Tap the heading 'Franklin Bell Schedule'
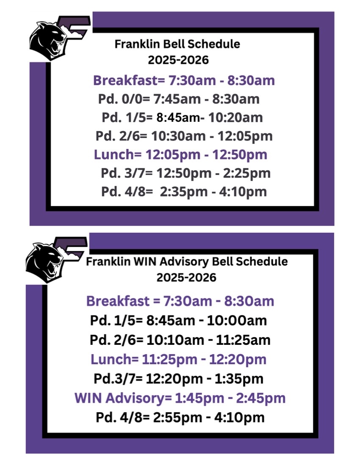pos(177,44)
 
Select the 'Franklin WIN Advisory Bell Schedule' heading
pos(187,261)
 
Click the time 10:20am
pos(235,118)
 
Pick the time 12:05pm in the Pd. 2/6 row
pos(245,136)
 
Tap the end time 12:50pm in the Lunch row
pos(239,154)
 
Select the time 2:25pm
pos(246,173)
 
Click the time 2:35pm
pos(183,192)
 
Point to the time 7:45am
pos(177,99)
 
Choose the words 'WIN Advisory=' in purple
pos(123,398)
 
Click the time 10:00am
pos(237,321)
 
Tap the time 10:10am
pos(175,340)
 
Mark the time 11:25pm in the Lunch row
pos(169,359)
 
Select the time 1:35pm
pos(238,379)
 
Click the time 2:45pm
pos(260,398)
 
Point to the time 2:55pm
pos(177,418)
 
